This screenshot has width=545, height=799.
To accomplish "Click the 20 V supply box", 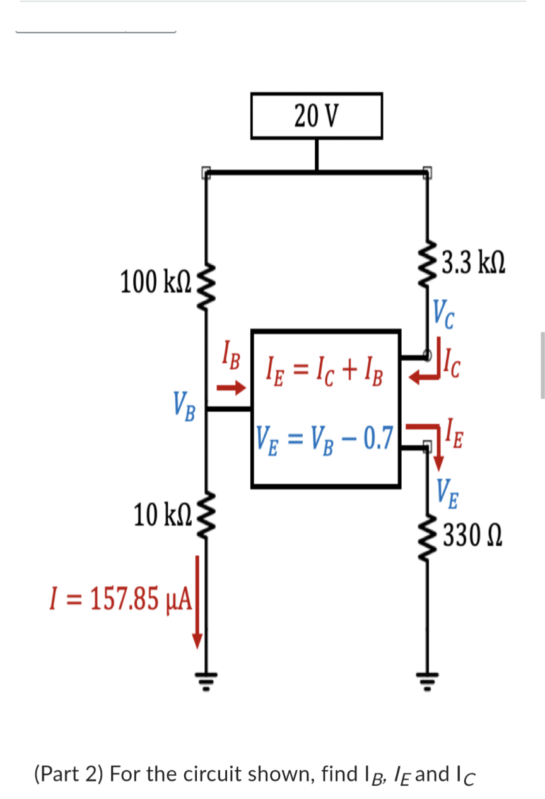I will pos(316,116).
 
